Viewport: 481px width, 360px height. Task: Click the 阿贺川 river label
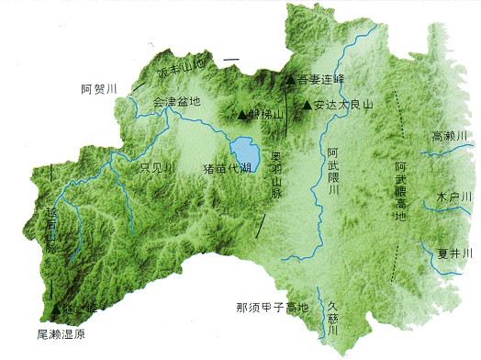tap(100, 89)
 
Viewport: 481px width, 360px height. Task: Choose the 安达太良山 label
tap(345, 105)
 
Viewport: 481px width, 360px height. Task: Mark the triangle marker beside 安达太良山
tap(307, 105)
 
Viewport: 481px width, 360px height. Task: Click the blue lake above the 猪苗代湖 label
tap(245, 148)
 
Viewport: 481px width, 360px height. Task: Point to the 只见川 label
tap(157, 167)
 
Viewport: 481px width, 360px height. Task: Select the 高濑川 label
tap(450, 136)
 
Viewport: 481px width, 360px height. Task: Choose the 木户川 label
tap(453, 197)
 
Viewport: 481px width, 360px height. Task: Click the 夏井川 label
tap(455, 253)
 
